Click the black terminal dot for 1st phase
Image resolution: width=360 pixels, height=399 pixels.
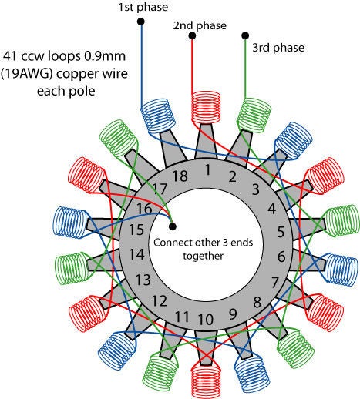point(141,22)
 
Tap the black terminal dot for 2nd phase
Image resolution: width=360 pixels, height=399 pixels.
point(192,35)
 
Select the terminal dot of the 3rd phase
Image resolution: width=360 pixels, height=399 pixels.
point(245,35)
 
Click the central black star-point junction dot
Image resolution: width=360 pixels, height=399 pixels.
point(173,226)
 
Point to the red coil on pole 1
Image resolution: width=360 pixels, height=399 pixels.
point(207,107)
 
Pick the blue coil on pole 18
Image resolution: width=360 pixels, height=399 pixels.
point(158,116)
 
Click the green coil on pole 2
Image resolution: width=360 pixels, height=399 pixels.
point(254,116)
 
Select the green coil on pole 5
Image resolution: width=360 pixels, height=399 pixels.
point(342,220)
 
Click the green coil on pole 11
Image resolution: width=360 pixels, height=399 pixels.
point(160,373)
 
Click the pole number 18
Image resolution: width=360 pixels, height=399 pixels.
point(180,176)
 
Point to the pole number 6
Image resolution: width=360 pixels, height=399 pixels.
point(281,256)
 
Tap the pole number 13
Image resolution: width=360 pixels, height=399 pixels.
point(143,280)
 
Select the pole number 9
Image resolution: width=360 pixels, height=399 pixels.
point(233,313)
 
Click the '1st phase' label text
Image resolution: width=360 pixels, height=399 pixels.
point(143,7)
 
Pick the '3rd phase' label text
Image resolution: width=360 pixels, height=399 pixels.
point(278,48)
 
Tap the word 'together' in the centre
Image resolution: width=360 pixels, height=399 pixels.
point(203,256)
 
